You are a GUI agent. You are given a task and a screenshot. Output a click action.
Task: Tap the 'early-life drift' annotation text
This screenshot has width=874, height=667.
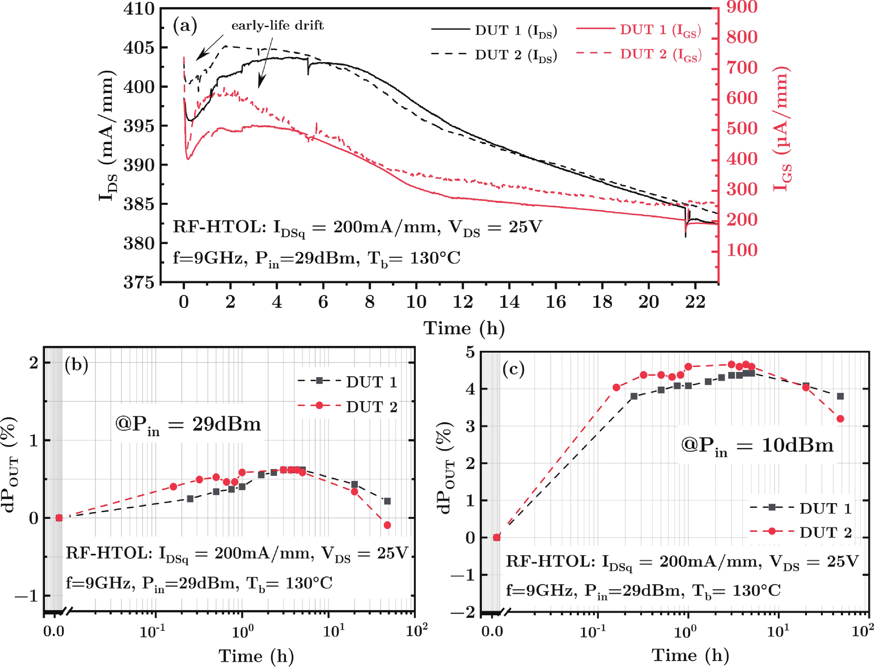[x=277, y=26]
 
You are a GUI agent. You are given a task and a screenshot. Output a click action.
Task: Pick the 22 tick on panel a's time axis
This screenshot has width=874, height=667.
[x=695, y=302]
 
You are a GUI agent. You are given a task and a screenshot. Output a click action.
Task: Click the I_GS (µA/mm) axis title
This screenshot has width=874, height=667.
[x=782, y=129]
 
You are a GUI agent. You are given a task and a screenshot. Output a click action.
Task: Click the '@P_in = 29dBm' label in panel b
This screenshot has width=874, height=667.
[x=188, y=425]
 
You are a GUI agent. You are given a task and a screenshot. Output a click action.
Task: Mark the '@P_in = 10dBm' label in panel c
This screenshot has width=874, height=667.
[x=757, y=446]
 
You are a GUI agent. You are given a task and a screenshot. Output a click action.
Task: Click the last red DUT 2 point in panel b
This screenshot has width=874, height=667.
[x=387, y=525]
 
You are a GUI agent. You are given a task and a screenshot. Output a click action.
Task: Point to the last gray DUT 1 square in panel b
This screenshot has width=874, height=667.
[x=387, y=501]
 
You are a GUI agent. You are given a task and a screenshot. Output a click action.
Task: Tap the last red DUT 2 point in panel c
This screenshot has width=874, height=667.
[x=840, y=419]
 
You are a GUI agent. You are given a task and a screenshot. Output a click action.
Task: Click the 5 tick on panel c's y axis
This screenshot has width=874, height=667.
[x=470, y=352]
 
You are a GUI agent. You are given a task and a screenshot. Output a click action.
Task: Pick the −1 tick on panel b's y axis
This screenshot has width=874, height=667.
[x=27, y=595]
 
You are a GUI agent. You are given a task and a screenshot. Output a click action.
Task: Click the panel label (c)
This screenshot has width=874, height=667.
[x=513, y=370]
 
